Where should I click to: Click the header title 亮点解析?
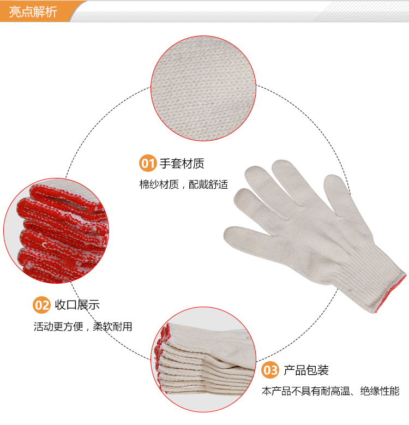pos(33,11)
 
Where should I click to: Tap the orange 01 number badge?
pos(148,163)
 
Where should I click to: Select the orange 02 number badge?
pos(41,305)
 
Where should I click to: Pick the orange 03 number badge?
pos(270,370)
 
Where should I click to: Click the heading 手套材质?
pos(182,164)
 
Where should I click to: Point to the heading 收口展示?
pos(77,305)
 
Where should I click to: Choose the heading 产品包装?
pos(306,370)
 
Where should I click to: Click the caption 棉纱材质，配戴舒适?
pos(184,184)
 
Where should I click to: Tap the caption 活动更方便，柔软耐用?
pos(83,327)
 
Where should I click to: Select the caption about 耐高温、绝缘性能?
pos(330,391)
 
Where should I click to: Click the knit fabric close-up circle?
pos(203,88)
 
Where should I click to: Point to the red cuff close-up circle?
pos(56,231)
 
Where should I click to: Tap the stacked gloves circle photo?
pos(203,360)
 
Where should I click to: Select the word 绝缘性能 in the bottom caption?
pos(380,391)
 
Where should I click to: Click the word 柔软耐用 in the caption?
pos(112,327)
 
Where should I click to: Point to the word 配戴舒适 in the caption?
pos(208,184)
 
